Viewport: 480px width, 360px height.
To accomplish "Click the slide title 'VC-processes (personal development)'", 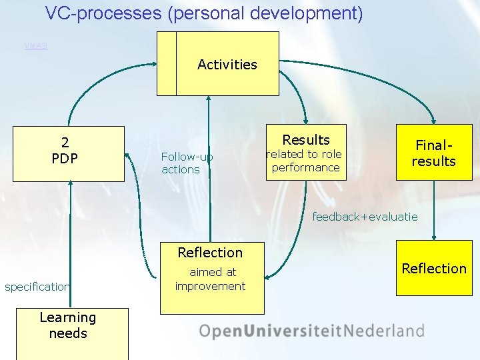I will pos(204,13).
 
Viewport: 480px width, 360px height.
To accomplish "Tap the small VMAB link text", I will pos(36,46).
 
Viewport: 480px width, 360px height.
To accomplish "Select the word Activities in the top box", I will pos(227,65).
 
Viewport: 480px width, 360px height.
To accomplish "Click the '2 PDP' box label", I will pos(65,150).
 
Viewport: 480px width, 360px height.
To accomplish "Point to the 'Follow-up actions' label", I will pos(187,163).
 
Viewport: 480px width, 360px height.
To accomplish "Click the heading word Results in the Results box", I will pos(305,139).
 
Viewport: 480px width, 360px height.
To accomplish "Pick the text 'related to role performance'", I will pos(305,161).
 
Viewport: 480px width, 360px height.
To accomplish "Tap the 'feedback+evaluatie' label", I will pos(365,217).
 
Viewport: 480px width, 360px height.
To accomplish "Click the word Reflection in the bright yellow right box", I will pos(433,269).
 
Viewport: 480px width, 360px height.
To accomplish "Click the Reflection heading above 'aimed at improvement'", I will pos(210,253).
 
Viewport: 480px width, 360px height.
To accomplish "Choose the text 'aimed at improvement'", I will pos(211,279).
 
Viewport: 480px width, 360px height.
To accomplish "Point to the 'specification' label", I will pos(37,287).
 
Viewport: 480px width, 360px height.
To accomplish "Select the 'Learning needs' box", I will pos(68,326).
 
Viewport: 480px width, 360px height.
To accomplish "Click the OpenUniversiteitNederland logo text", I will pos(311,331).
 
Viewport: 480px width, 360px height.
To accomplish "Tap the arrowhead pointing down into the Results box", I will pos(305,120).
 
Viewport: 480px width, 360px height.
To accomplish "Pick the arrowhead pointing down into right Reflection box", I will pos(434,236).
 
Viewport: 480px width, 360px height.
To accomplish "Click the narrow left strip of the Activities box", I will pos(167,64).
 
